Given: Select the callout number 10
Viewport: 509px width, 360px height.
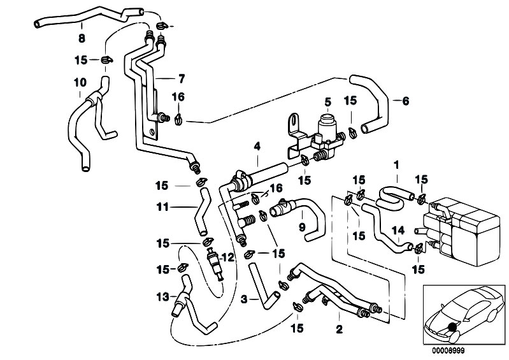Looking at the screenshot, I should pos(80,82).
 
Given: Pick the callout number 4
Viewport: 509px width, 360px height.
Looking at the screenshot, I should pos(258,146).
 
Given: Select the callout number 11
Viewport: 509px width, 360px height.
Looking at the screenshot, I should pos(163,206).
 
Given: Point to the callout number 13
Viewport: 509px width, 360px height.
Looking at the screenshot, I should pos(162,296).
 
